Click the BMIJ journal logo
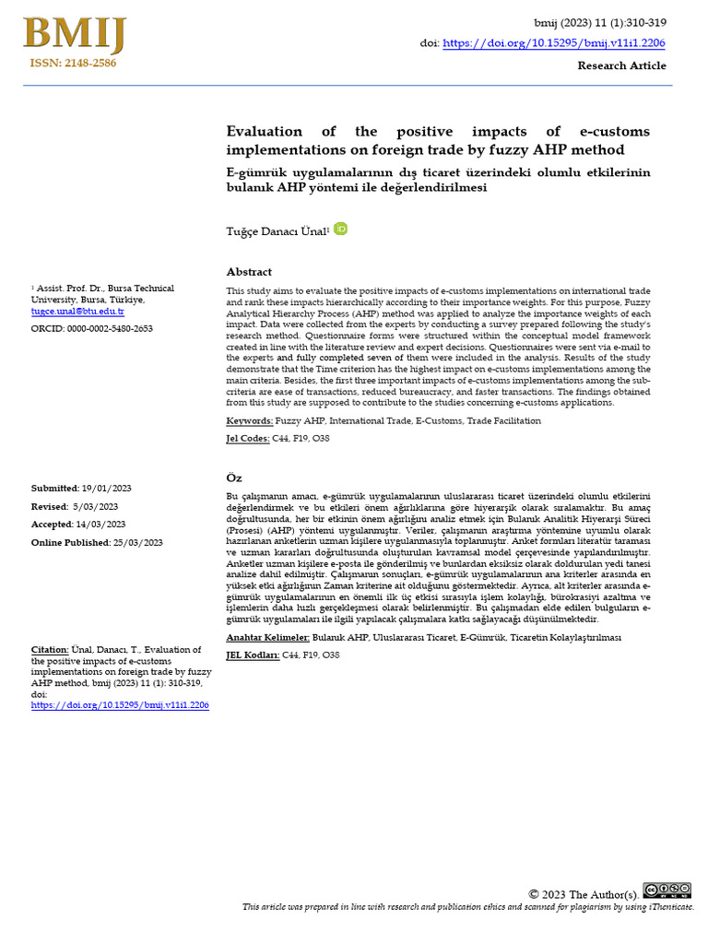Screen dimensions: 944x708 pyautogui.click(x=74, y=35)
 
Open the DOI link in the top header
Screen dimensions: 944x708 pyautogui.click(x=554, y=42)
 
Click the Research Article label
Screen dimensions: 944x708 pyautogui.click(x=621, y=65)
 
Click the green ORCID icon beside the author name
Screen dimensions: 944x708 pyautogui.click(x=340, y=229)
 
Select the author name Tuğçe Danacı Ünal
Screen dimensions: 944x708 pyautogui.click(x=277, y=230)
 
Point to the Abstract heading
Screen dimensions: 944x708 pyautogui.click(x=249, y=272)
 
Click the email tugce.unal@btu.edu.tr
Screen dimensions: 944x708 pyautogui.click(x=77, y=312)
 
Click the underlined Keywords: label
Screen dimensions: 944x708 pyautogui.click(x=250, y=420)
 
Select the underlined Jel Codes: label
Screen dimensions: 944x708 pyautogui.click(x=248, y=439)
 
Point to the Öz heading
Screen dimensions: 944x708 pyautogui.click(x=234, y=477)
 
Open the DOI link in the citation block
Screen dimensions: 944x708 pyautogui.click(x=120, y=704)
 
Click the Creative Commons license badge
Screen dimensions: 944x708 pyautogui.click(x=667, y=890)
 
